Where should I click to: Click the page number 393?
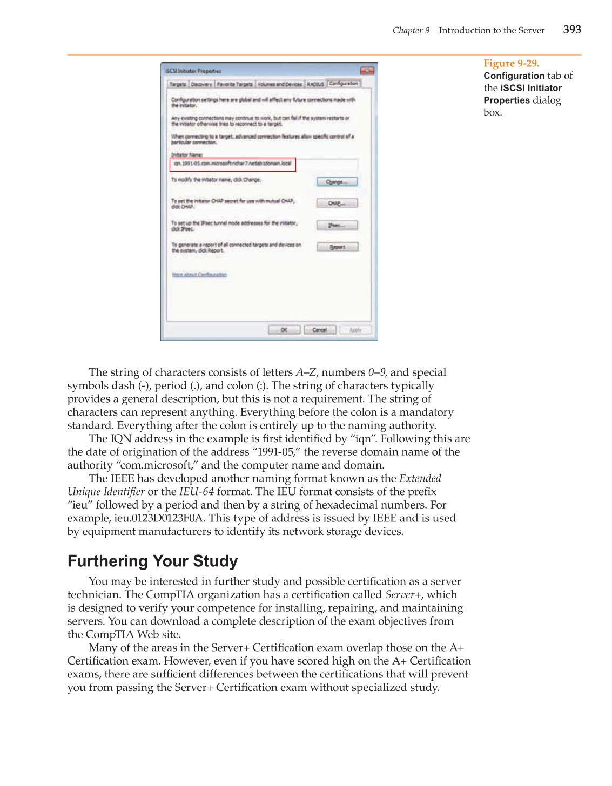point(572,30)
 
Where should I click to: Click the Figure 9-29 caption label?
point(511,63)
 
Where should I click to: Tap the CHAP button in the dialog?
point(337,204)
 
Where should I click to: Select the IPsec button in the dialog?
point(337,225)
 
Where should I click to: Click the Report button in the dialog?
point(337,247)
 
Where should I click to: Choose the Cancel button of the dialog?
point(320,330)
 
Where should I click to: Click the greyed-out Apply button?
point(355,330)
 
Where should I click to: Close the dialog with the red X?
point(367,71)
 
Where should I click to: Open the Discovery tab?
point(201,84)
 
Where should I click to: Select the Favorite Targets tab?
point(234,84)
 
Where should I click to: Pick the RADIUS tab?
point(315,84)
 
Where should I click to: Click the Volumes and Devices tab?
point(279,84)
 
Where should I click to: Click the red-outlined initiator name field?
point(233,164)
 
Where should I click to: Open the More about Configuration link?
point(199,275)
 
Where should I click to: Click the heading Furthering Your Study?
point(152,561)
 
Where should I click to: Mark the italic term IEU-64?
point(197,492)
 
